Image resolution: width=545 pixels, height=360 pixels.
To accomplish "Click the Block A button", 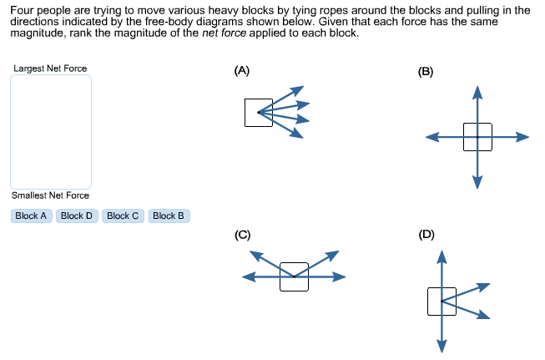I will [x=32, y=215].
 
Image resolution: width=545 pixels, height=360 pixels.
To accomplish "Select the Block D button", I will [x=78, y=215].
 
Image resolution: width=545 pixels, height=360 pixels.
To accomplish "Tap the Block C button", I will [x=123, y=215].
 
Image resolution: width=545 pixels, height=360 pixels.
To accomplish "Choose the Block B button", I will [x=169, y=215].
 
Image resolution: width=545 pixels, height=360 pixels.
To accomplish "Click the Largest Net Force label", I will [x=50, y=68].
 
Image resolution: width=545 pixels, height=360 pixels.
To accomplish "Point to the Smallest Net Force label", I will [x=50, y=195].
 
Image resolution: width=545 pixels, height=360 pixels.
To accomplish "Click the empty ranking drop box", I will [x=50, y=131].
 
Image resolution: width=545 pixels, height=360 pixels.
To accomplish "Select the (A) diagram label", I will [x=242, y=71].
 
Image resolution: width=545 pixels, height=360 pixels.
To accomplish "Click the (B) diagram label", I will [x=426, y=72].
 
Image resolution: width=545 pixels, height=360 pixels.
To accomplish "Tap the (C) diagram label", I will [x=242, y=235].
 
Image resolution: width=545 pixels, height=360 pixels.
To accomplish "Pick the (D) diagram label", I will [x=426, y=235].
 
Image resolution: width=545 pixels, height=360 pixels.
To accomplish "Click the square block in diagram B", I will [x=477, y=137].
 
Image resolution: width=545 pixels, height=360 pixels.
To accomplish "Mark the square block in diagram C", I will [x=294, y=276].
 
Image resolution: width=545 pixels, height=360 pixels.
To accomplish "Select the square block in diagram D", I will [x=442, y=301].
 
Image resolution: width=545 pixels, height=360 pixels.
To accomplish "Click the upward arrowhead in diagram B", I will [x=477, y=89].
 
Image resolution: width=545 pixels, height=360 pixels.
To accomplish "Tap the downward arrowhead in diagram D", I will [x=442, y=346].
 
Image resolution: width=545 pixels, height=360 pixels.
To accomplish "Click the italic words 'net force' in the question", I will [x=226, y=33].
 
